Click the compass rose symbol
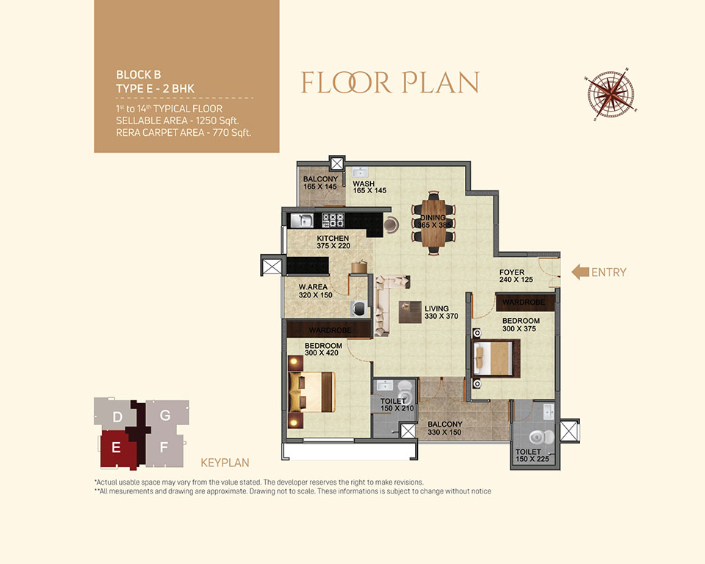pyautogui.click(x=612, y=95)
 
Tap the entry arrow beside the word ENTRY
pyautogui.click(x=580, y=272)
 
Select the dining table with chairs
pyautogui.click(x=433, y=223)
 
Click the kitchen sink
pyautogui.click(x=302, y=220)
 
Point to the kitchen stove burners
pyautogui.click(x=333, y=220)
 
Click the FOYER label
pyautogui.click(x=512, y=272)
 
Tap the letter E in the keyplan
pyautogui.click(x=116, y=447)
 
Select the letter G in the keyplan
pyautogui.click(x=165, y=415)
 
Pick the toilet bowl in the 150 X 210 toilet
pyautogui.click(x=405, y=388)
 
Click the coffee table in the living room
pyautogui.click(x=410, y=311)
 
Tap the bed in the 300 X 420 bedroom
pyautogui.click(x=312, y=391)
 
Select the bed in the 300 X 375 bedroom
pyautogui.click(x=496, y=358)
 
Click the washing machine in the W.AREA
pyautogui.click(x=359, y=308)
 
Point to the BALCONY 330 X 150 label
pyautogui.click(x=445, y=428)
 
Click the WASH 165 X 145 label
pyautogui.click(x=369, y=187)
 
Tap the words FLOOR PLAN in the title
pyautogui.click(x=390, y=82)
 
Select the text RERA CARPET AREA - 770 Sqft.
pyautogui.click(x=184, y=133)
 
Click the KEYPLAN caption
pyautogui.click(x=225, y=463)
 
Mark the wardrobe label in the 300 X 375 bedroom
pyautogui.click(x=524, y=303)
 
